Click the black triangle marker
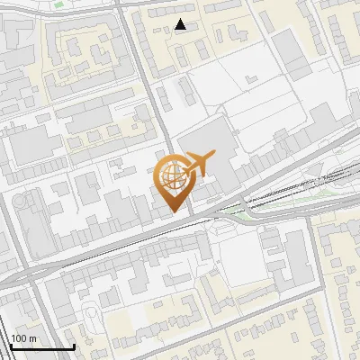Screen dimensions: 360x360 point(181,24)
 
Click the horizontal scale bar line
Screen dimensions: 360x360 point(42,346)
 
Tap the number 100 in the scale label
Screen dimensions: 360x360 point(20,338)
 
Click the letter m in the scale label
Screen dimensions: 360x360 point(32,338)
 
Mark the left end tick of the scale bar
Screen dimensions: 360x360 point(11,345)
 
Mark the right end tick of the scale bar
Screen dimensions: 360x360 point(74,345)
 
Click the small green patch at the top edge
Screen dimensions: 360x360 point(59,4)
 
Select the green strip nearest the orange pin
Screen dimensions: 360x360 point(235,210)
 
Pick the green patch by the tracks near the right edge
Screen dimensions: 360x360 point(324,185)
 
